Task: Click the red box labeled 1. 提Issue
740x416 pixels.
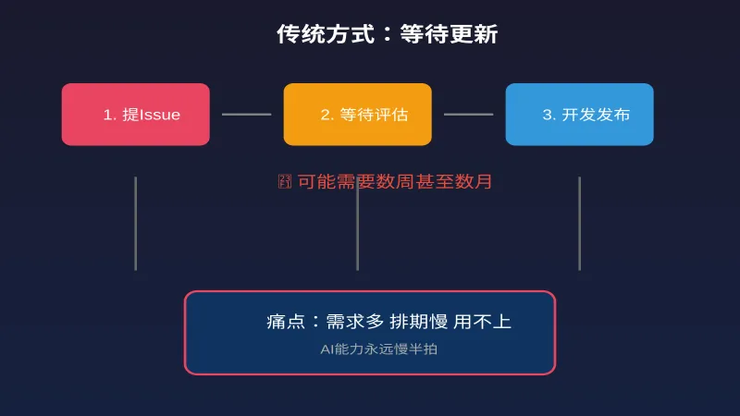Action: click(136, 115)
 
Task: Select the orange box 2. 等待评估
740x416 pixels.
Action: click(357, 115)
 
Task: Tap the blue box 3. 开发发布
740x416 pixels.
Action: click(579, 115)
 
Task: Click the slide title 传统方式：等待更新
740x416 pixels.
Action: click(388, 34)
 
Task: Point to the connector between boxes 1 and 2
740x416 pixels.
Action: click(246, 115)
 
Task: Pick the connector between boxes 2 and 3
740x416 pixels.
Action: click(468, 115)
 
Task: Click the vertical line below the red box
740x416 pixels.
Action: click(135, 223)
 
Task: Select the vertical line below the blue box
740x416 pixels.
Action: click(579, 223)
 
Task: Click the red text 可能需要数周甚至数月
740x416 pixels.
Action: click(395, 181)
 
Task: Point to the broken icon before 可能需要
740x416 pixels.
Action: click(285, 181)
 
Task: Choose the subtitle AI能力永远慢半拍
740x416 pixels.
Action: click(370, 349)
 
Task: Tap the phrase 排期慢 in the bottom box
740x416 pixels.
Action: click(418, 322)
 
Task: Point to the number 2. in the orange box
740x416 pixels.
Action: click(327, 115)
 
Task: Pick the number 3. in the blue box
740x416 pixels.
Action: click(549, 115)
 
